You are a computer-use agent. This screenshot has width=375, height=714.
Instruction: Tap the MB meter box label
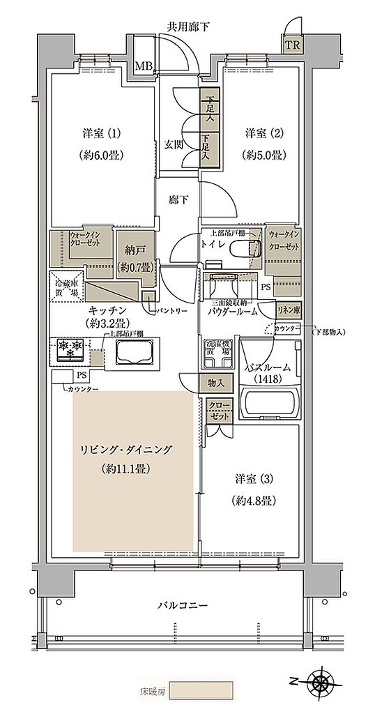tap(144, 66)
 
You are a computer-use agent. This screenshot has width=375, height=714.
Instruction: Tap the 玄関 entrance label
tap(174, 146)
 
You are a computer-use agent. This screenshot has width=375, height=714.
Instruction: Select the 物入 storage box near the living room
tap(216, 382)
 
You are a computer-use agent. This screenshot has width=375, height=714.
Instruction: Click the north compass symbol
tap(322, 681)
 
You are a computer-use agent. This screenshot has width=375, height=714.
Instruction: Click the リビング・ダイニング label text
tap(125, 450)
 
